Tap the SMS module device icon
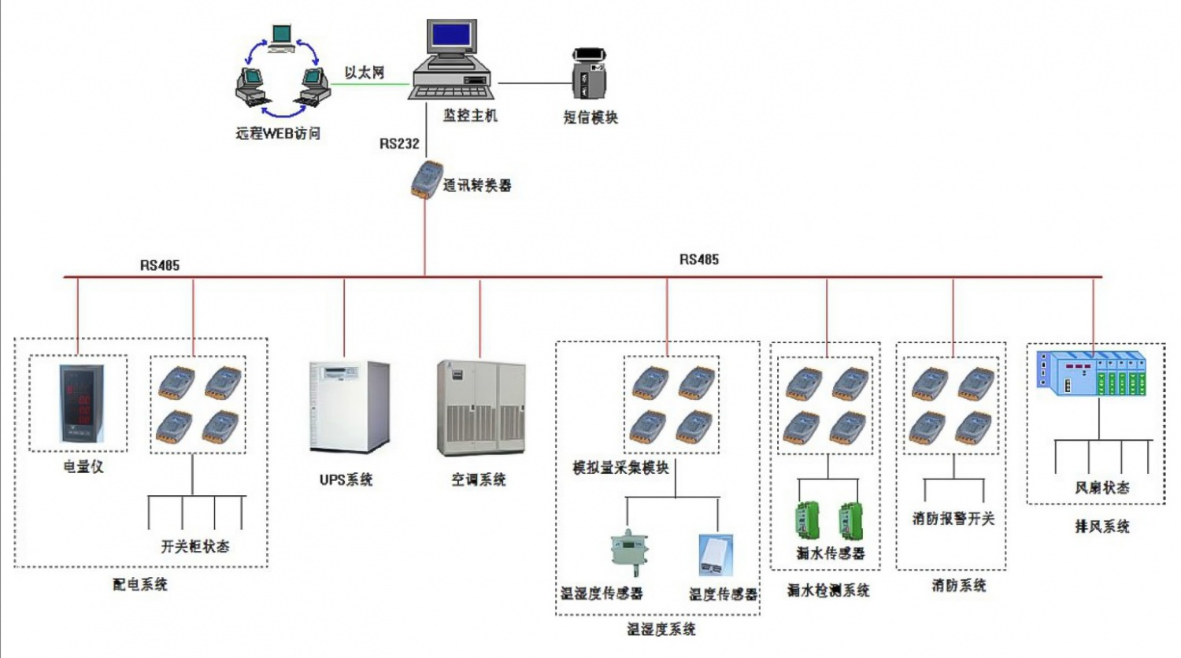[589, 74]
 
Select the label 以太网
[364, 72]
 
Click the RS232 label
[399, 143]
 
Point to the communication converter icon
[426, 179]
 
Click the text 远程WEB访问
[278, 133]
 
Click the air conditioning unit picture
[480, 408]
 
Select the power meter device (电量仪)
[81, 404]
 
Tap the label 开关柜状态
[195, 545]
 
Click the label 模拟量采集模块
[620, 468]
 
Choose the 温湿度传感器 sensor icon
[628, 552]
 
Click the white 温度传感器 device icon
[716, 555]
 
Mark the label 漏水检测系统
[828, 590]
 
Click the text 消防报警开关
[953, 518]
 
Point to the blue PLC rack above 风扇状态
[1091, 372]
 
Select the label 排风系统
[1102, 526]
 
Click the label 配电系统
[140, 584]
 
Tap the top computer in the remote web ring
[281, 37]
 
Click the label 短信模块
[590, 117]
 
